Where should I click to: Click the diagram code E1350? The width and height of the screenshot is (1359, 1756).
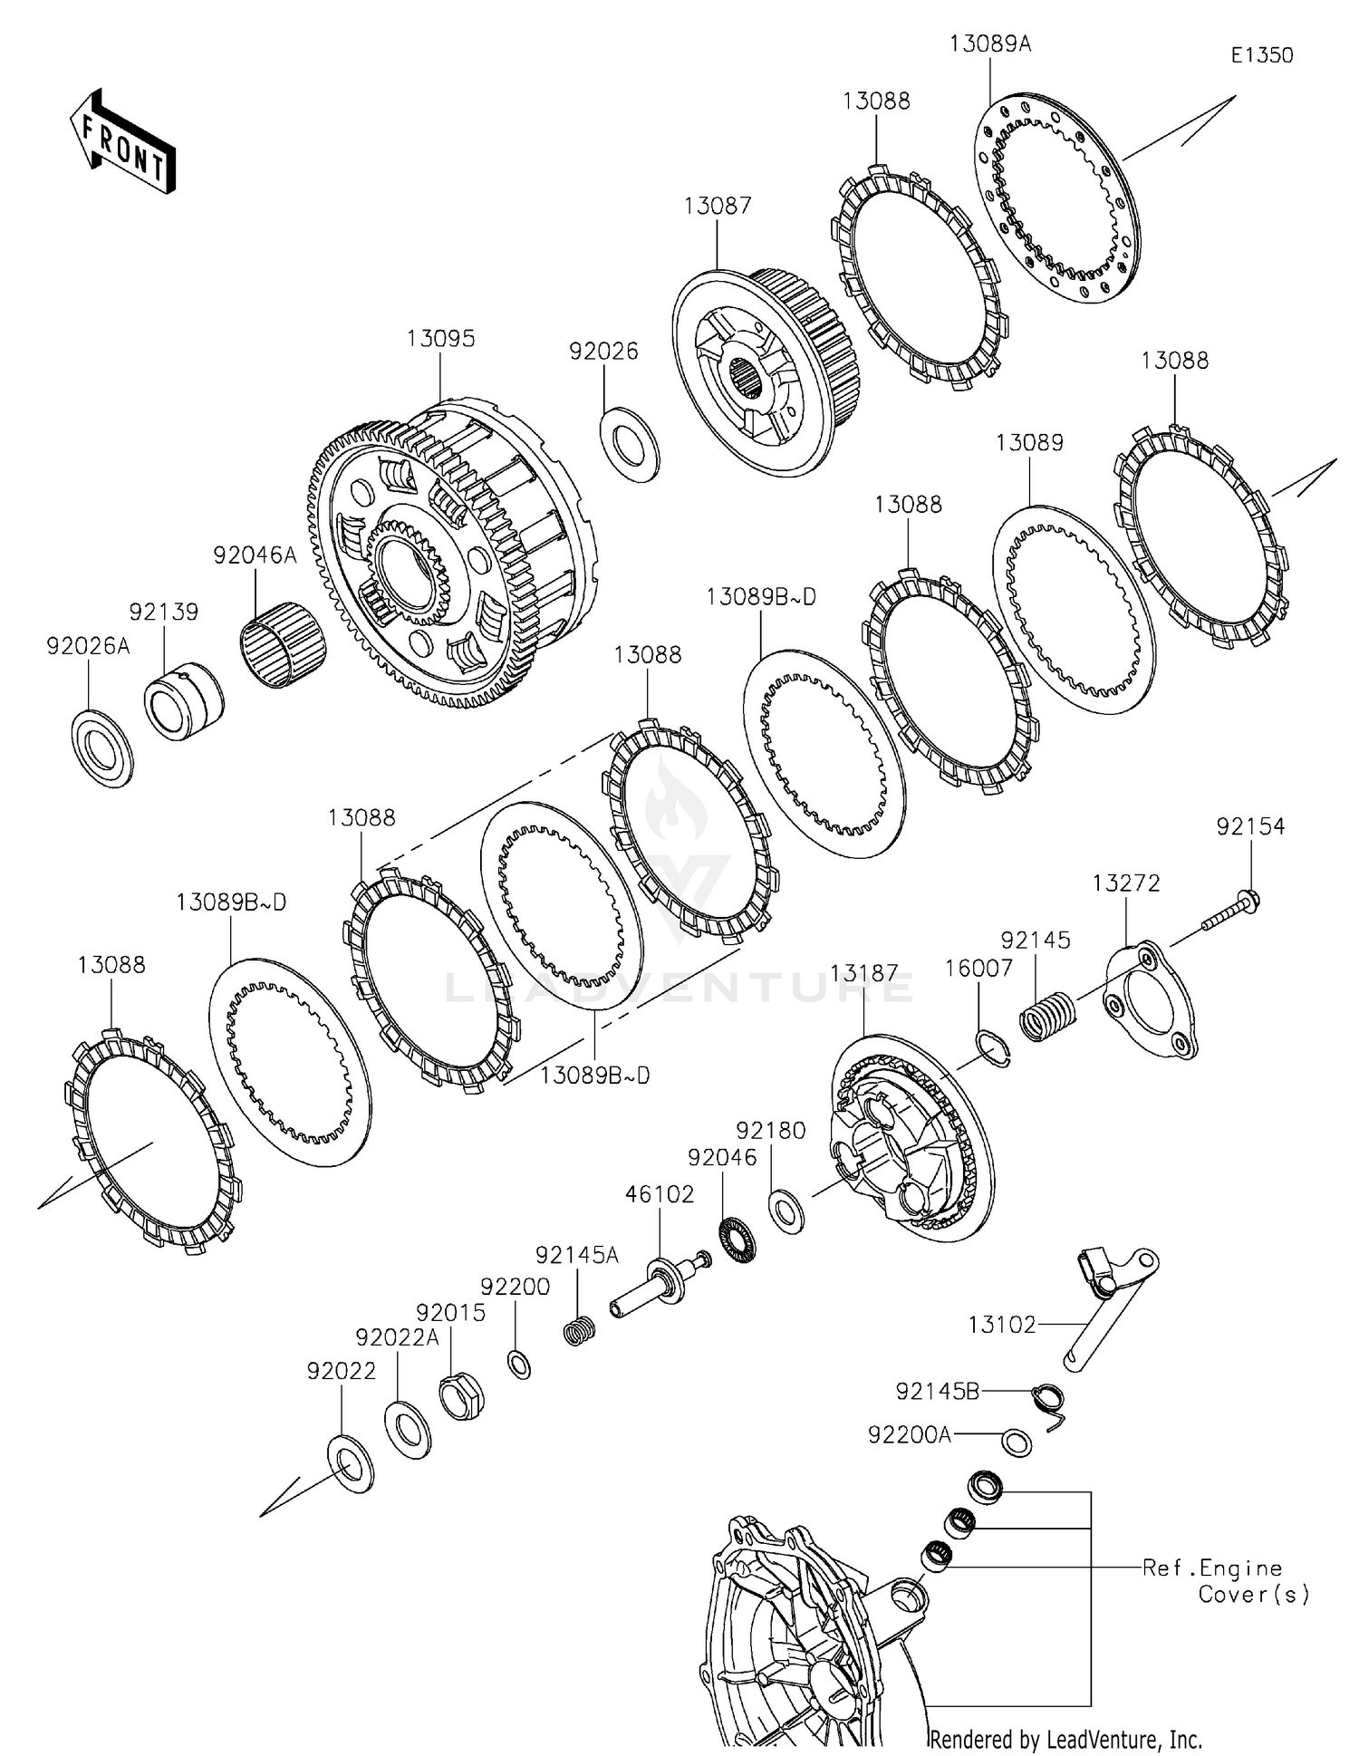coord(1261,55)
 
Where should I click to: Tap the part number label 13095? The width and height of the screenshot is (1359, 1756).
coord(440,339)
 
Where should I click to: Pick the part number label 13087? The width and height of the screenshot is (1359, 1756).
coord(717,207)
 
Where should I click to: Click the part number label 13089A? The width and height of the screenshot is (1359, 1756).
coord(990,43)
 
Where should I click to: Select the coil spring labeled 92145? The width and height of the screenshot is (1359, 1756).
coord(1046,1016)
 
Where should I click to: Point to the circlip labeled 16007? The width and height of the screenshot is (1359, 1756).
coord(995,1049)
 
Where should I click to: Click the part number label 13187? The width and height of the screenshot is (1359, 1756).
coord(864,974)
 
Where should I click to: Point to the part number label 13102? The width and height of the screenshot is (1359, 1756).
coord(1000,1325)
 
